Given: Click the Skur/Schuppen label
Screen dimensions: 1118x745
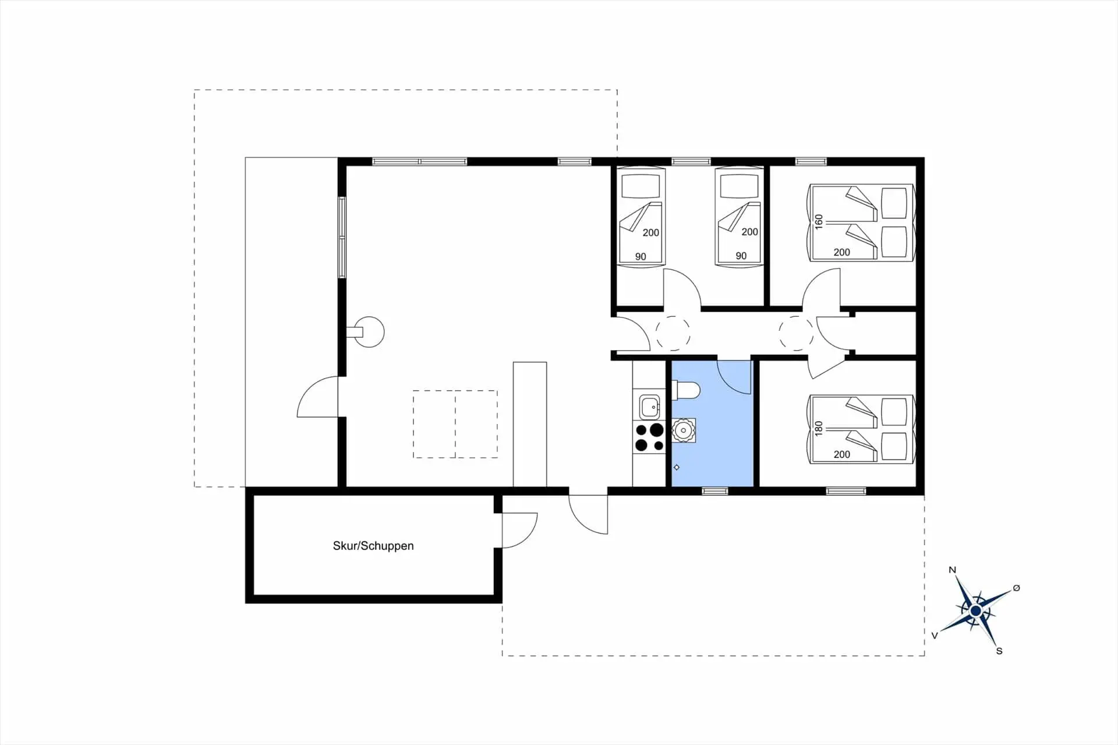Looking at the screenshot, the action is click(x=373, y=546).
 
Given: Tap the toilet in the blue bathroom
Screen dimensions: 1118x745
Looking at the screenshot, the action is click(x=685, y=390).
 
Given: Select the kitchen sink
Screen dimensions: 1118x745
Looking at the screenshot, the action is click(x=649, y=407).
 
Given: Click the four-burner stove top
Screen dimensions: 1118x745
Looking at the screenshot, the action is click(x=649, y=437).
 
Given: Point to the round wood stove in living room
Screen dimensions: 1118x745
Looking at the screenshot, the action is click(x=369, y=332).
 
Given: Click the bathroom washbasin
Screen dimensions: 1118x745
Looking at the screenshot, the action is click(x=683, y=430).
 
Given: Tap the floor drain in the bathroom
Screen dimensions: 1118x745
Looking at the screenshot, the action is click(x=677, y=467).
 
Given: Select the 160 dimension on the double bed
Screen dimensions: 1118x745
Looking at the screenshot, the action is click(x=819, y=222).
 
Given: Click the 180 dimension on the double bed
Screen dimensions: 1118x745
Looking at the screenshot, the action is click(x=819, y=429).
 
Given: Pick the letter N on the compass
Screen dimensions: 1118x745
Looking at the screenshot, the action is click(x=953, y=570).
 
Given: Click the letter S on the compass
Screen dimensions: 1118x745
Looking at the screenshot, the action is click(x=999, y=651).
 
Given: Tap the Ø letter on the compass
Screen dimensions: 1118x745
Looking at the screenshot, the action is click(x=1017, y=588).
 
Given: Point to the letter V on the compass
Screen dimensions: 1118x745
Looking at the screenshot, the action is click(x=935, y=635).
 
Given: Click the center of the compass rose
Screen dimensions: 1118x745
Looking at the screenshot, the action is click(x=976, y=611).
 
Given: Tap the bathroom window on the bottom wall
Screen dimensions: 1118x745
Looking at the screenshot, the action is click(x=714, y=491).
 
